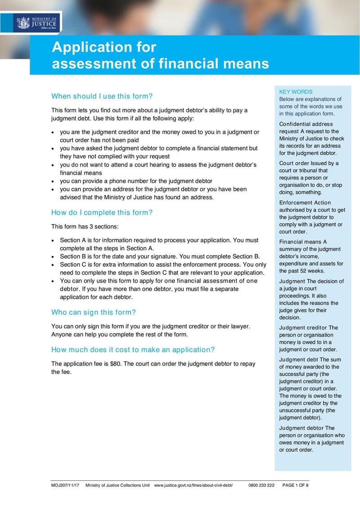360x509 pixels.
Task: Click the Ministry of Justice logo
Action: [36, 22]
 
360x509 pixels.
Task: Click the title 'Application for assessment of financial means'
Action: [160, 55]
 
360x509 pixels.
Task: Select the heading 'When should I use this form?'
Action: [102, 96]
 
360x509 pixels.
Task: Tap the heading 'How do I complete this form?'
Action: [102, 212]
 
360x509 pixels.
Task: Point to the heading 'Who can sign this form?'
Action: [94, 312]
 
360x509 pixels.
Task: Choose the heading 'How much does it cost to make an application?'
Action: [133, 350]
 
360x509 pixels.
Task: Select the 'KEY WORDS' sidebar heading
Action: [296, 92]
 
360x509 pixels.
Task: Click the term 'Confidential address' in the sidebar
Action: [306, 124]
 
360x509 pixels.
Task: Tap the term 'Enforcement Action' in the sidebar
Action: [305, 203]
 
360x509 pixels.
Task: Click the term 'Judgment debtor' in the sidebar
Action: [301, 428]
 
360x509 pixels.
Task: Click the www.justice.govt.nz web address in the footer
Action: [193, 486]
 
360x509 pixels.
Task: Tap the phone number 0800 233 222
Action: [261, 486]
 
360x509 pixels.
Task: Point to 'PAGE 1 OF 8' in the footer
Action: [295, 486]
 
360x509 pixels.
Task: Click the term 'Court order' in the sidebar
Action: [295, 163]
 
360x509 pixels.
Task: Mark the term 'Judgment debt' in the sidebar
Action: [298, 360]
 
